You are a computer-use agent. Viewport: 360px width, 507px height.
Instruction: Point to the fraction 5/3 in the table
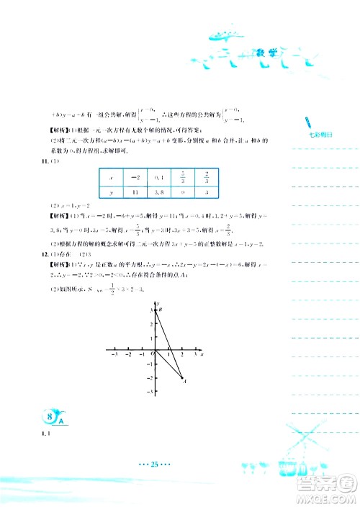point(184,176)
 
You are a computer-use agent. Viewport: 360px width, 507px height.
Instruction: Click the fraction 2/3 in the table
point(207,176)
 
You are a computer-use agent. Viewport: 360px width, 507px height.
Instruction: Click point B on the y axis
point(159,309)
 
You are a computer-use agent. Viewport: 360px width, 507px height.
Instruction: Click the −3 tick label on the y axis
point(150,390)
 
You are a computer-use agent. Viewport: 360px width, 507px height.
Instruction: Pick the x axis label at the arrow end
point(202,356)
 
